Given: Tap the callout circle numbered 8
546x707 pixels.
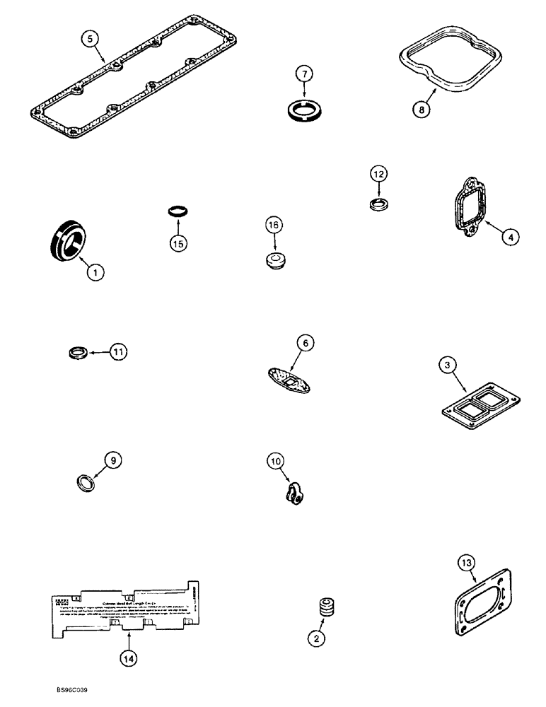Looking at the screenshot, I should click(422, 109).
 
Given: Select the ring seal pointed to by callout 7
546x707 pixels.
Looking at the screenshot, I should click(305, 110).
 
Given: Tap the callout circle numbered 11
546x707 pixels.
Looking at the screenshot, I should click(121, 351).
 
